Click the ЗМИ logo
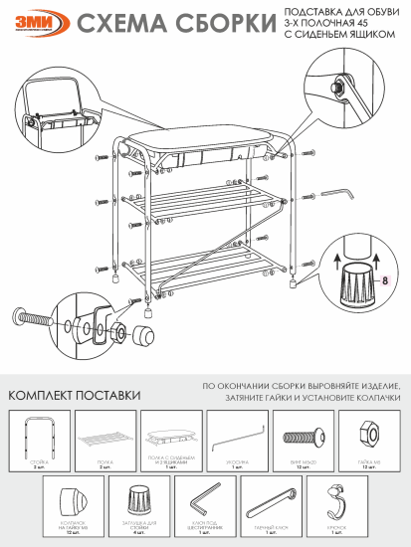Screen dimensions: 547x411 click(x=37, y=23)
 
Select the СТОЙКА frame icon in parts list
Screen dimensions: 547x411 click(x=39, y=435)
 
